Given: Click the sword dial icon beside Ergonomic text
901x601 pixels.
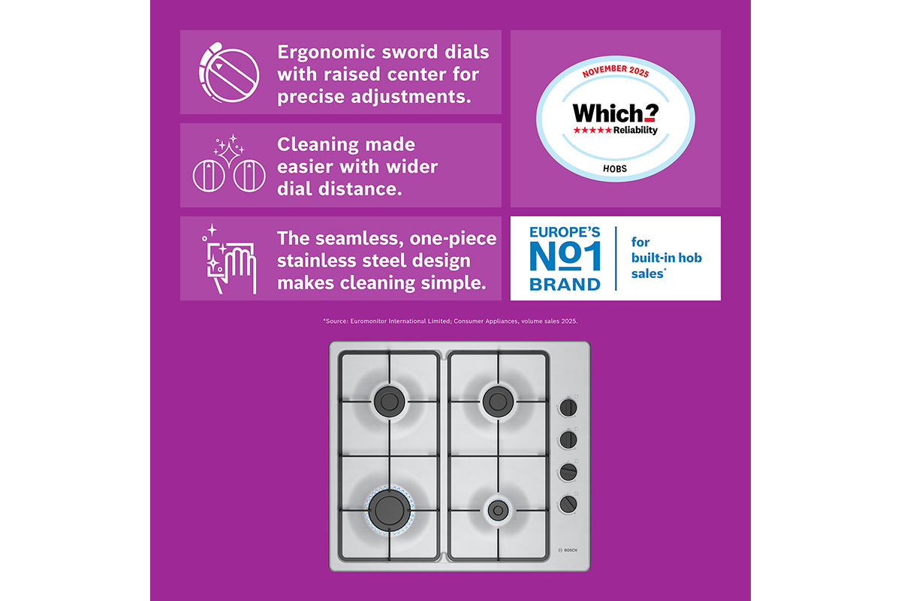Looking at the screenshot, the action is pos(229,73).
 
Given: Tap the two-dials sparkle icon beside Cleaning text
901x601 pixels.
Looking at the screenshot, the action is pos(229,164).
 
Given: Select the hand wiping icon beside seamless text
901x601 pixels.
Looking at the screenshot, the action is pos(229,259).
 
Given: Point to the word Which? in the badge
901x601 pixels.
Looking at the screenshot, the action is pos(616,113).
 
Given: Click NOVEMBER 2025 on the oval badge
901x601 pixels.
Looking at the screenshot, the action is pos(616,71).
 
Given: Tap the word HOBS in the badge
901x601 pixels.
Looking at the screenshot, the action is pos(615,169).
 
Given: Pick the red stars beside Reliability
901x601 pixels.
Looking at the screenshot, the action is pos(592,131).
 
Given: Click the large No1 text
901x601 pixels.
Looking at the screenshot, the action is pos(565,256).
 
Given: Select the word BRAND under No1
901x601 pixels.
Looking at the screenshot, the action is pos(565,285).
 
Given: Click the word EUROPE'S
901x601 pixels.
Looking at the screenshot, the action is pos(565,232).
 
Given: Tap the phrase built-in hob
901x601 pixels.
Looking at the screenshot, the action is pos(667,258).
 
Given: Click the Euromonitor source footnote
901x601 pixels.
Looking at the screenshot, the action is pos(450,322).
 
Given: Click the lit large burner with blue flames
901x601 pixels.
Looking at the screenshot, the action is pos(390,510).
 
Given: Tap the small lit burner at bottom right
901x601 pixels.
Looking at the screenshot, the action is pos(498,510).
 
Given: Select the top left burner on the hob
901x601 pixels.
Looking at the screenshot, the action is pos(390,401).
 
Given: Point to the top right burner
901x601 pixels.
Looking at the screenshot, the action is pos(498,401).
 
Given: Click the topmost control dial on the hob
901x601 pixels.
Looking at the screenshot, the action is pos(568,408).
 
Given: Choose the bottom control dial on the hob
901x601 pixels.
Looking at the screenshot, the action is pos(568,504).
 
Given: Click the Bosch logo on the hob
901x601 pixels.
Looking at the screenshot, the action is pos(568,550).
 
